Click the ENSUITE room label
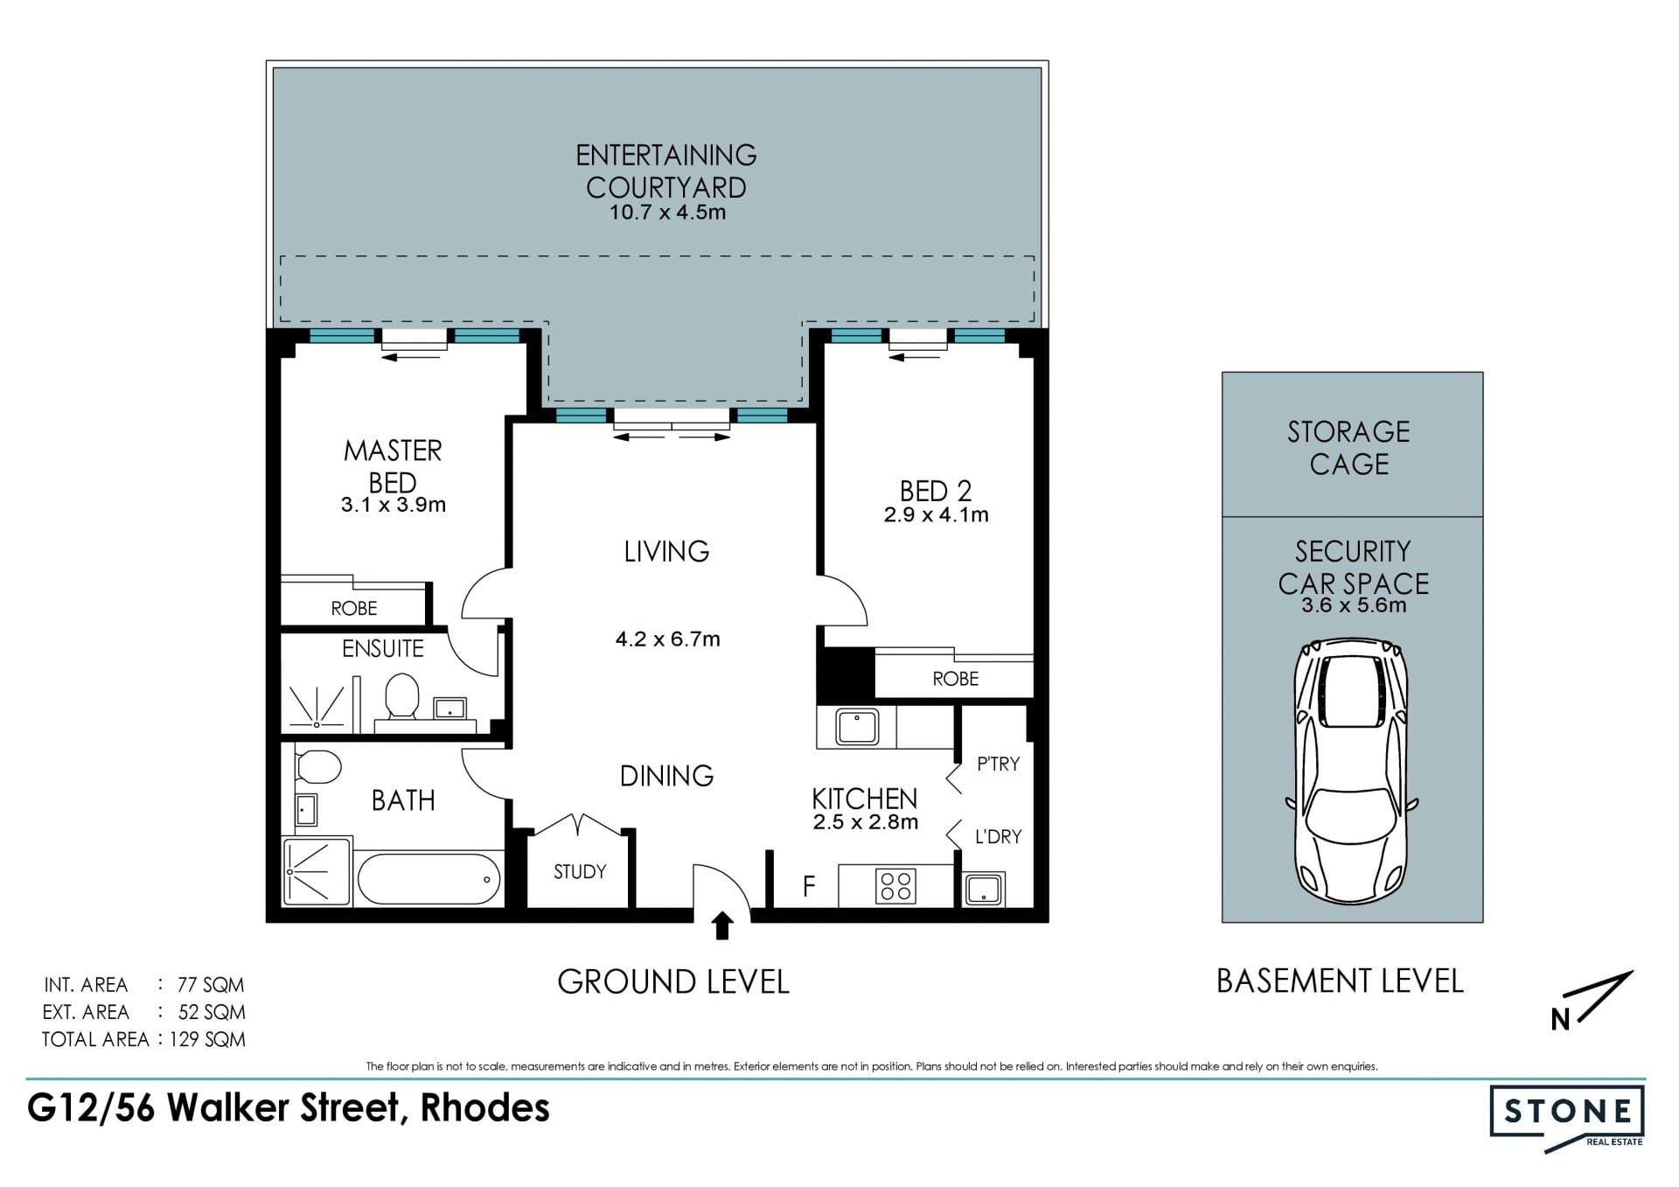pos(382,648)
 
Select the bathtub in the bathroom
pos(428,879)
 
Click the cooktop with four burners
pos(895,885)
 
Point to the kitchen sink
pos(857,727)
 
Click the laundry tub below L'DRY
pos(984,889)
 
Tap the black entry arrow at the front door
pos(722,926)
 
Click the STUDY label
pos(580,871)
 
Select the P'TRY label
pos(998,764)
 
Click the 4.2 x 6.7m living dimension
pos(668,639)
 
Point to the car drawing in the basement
pos(1351,771)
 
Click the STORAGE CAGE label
pos(1348,447)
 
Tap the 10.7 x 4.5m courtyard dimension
pos(667,213)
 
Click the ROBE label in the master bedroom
pos(354,608)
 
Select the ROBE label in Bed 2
pos(955,679)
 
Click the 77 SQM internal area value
pos(211,985)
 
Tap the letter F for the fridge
pos(809,886)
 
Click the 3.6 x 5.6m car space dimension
pos(1354,605)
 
